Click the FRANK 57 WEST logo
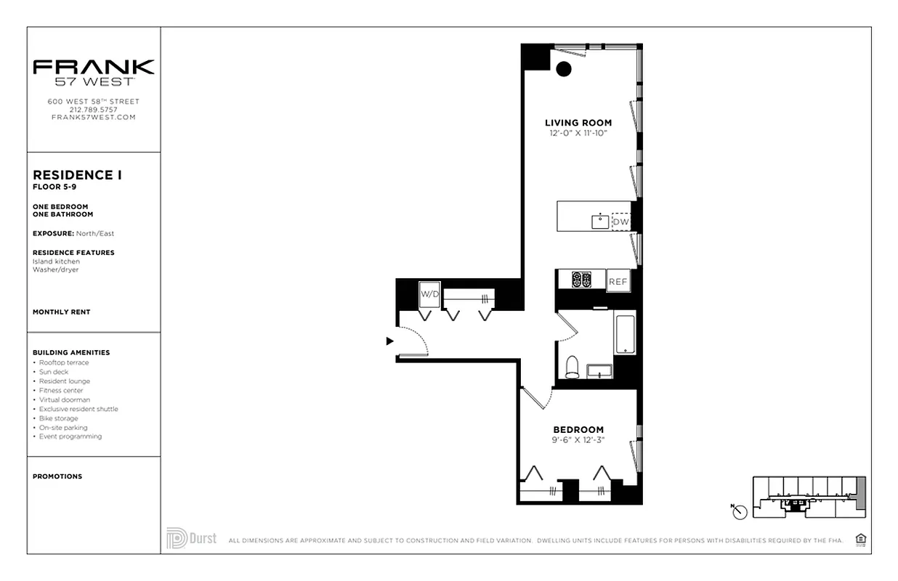(x=94, y=72)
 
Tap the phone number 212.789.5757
(x=93, y=110)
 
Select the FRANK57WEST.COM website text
(x=93, y=117)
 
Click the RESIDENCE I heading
(x=78, y=175)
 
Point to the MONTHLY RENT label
(x=62, y=312)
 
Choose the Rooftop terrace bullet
(x=64, y=362)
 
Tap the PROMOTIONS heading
(x=57, y=476)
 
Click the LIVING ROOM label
(x=578, y=123)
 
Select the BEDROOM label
(x=578, y=429)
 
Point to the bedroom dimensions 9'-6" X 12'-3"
(x=578, y=439)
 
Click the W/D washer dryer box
(x=430, y=294)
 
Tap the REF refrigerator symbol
(x=618, y=281)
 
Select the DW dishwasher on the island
(x=620, y=222)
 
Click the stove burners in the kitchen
(x=581, y=280)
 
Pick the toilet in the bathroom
(x=573, y=367)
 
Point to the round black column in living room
(x=564, y=70)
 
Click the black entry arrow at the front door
(x=389, y=341)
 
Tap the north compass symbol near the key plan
(x=740, y=512)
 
